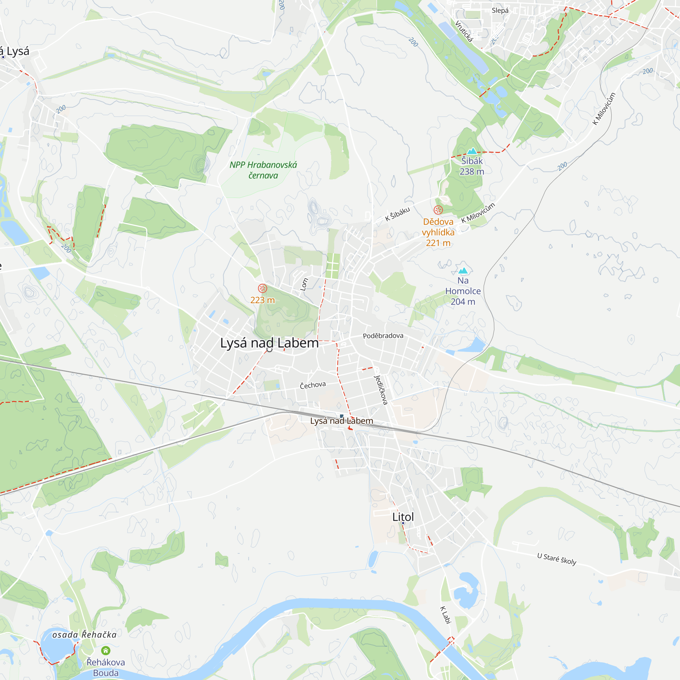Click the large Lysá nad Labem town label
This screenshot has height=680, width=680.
269,343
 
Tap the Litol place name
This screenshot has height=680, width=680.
403,517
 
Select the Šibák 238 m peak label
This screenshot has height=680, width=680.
472,166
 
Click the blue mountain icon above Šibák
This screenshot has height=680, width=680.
472,151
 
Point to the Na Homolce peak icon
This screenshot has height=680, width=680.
463,271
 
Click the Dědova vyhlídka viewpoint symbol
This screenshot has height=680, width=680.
438,210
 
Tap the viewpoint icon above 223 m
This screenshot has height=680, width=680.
262,288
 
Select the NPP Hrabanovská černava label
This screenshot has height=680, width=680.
263,170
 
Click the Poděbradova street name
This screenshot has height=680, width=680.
383,336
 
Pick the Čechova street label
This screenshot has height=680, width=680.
312,385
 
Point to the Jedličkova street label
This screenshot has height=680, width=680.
381,390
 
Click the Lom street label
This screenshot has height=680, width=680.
304,284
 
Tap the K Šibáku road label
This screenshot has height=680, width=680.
397,214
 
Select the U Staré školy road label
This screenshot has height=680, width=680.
557,559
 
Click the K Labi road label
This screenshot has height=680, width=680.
446,615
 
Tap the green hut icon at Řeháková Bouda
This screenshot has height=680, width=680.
106,650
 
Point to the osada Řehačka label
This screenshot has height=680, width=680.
84,634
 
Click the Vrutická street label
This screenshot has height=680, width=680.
464,31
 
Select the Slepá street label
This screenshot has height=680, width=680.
500,11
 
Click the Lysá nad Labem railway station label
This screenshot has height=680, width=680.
341,421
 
